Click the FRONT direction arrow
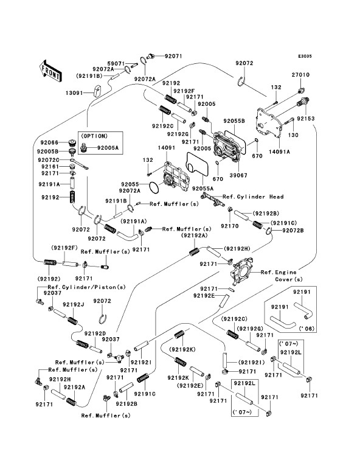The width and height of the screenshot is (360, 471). tap(50, 71)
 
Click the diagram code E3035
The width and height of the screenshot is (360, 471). tap(305, 56)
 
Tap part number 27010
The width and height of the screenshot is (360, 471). tap(300, 75)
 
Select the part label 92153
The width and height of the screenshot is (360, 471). tap(306, 119)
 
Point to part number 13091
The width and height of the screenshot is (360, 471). tap(74, 93)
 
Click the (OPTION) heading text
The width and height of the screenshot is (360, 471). tap(94, 136)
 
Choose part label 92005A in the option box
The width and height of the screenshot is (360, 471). tap(108, 148)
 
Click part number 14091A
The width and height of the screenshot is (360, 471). tap(279, 152)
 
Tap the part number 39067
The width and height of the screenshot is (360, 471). tap(238, 175)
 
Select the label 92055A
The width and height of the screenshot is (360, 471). tap(202, 189)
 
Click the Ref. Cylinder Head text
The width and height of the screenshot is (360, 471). tap(253, 197)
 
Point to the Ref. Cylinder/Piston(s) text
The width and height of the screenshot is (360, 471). tap(86, 287)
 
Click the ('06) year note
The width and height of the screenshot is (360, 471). tap(307, 329)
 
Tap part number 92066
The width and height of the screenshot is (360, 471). tap(49, 142)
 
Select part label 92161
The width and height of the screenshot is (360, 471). tap(50, 167)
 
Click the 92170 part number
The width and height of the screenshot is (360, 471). tap(230, 226)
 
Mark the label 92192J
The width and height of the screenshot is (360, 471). tap(73, 305)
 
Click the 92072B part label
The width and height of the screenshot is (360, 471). tap(292, 231)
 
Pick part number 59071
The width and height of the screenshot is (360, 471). tap(116, 64)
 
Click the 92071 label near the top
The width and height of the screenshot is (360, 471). tap(173, 56)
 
